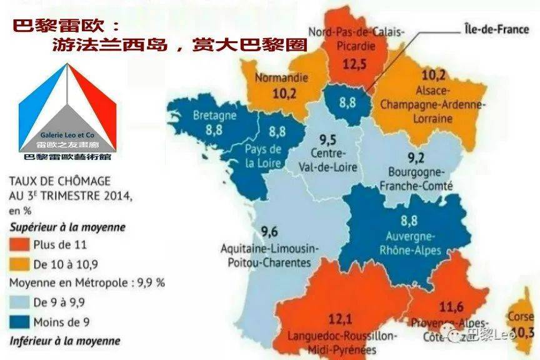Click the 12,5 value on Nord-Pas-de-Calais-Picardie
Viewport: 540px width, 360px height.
pos(354,64)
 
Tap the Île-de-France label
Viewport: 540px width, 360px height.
pos(496,29)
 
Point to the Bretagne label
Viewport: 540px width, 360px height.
pos(214,116)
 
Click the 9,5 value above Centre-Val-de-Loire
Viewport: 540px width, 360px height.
pos(328,139)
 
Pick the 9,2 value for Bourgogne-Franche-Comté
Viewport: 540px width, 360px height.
pos(416,157)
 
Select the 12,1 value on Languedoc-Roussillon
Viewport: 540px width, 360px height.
pos(339,319)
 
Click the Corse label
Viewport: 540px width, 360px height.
pos(520,317)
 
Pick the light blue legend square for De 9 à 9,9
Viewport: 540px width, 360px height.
pos(19,302)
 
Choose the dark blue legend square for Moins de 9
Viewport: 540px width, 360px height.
pos(19,322)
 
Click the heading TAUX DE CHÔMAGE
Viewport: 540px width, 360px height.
pos(59,181)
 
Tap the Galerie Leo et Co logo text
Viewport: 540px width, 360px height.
pos(67,134)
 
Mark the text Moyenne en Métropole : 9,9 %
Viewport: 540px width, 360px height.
pos(87,282)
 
